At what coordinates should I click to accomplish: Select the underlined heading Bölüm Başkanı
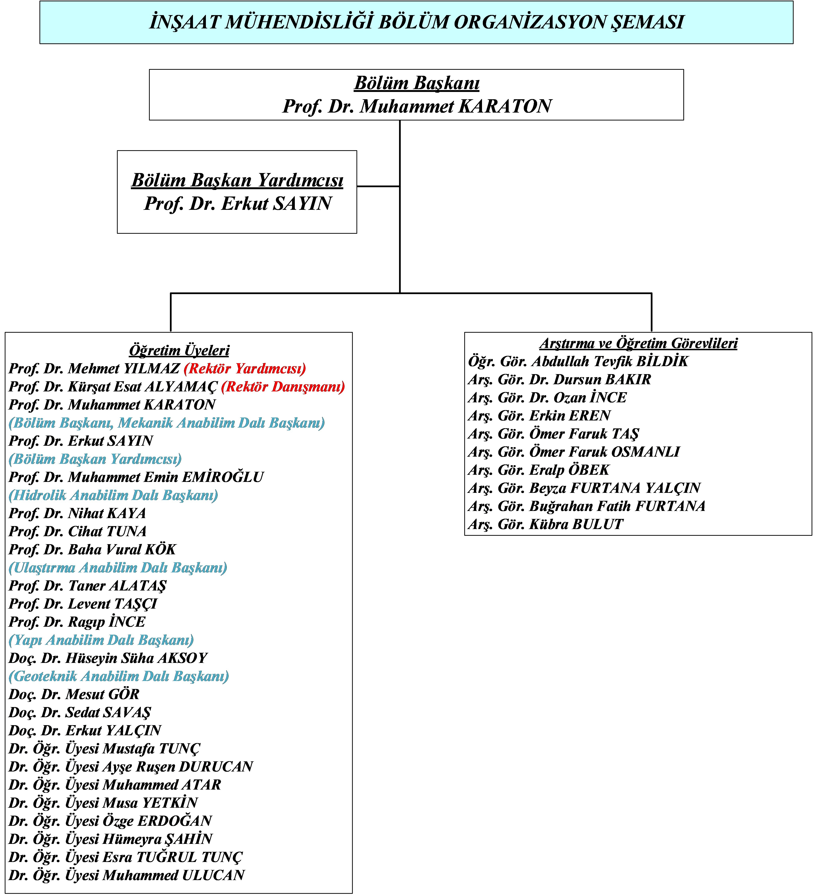tap(416, 83)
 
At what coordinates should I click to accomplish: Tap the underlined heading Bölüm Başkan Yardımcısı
tap(237, 180)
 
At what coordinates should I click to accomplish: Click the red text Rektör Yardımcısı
tap(245, 369)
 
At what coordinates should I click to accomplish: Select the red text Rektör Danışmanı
tap(283, 387)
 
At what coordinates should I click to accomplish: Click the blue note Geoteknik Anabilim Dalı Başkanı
tap(119, 676)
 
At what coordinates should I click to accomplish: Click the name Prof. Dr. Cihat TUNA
tap(77, 531)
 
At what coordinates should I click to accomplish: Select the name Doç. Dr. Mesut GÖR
tap(74, 694)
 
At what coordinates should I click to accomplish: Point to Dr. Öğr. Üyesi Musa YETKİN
tap(103, 803)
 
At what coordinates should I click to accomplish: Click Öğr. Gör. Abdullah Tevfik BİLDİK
tap(578, 361)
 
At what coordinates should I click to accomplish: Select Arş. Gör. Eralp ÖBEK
tap(538, 470)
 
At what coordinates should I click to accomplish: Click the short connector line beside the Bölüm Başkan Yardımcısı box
tap(378, 187)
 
